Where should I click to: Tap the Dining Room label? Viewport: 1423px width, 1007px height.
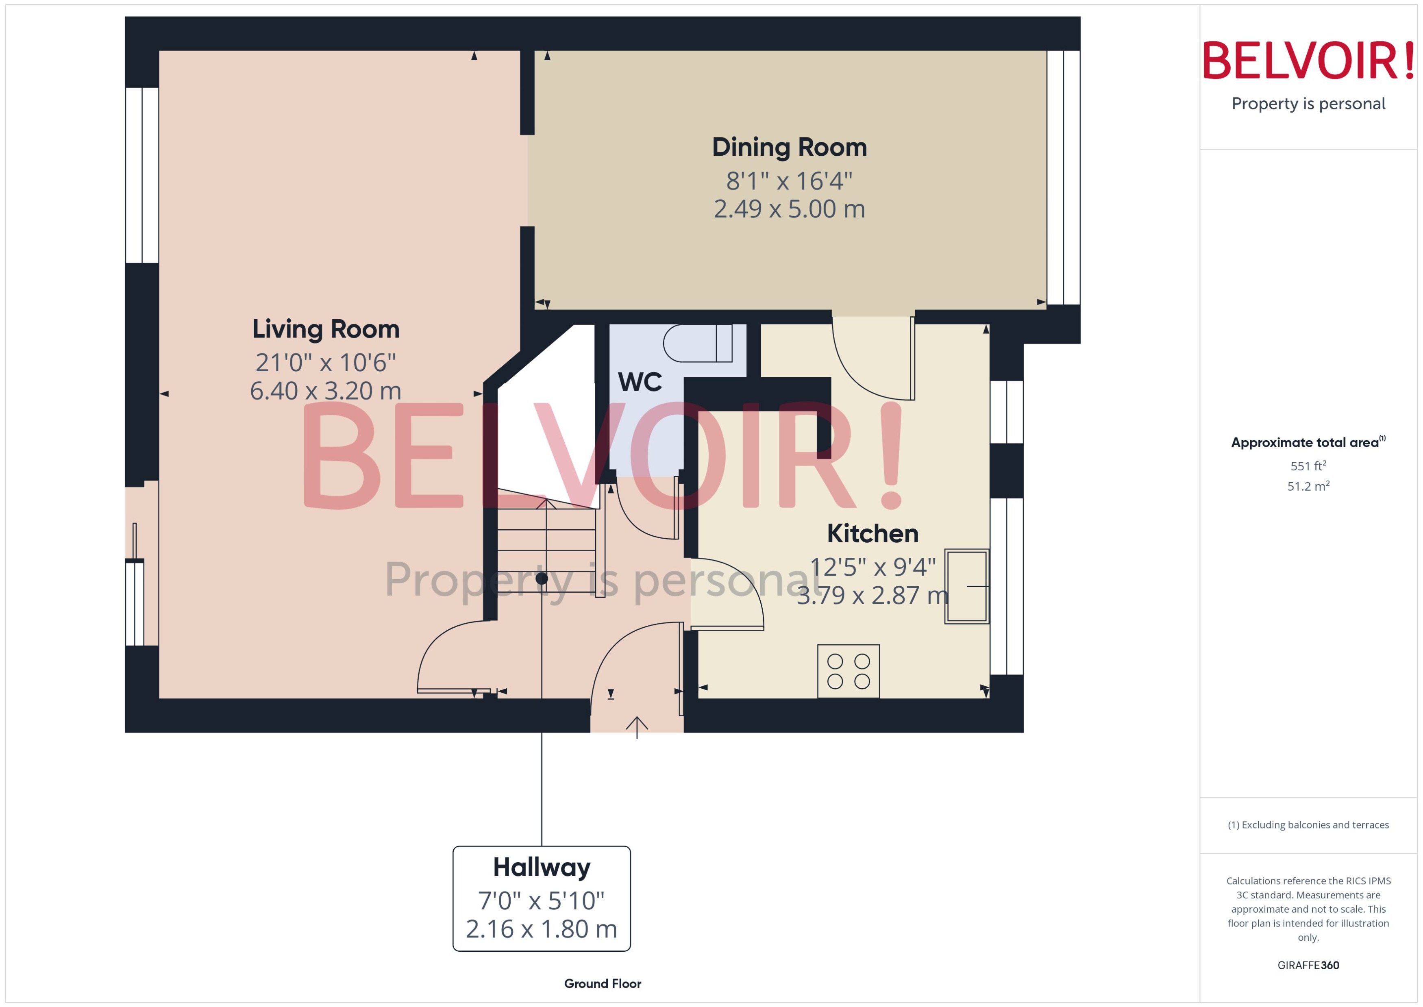click(x=789, y=147)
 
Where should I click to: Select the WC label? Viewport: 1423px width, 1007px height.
click(x=640, y=382)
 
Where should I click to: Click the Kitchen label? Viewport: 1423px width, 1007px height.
click(x=873, y=533)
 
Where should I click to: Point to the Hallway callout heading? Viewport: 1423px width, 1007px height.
click(x=541, y=867)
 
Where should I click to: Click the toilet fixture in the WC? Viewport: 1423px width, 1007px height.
click(x=698, y=343)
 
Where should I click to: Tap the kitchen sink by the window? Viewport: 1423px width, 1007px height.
click(x=966, y=586)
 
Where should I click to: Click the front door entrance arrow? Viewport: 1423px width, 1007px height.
click(x=636, y=726)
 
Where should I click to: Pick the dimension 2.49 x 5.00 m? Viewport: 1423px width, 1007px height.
click(x=789, y=209)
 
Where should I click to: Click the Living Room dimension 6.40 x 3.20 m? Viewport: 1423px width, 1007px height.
click(x=326, y=391)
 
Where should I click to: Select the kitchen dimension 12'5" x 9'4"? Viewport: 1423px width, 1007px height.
click(x=873, y=567)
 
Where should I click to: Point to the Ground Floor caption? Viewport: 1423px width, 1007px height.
click(x=602, y=983)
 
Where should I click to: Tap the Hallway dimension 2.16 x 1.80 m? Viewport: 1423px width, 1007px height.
click(x=541, y=929)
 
